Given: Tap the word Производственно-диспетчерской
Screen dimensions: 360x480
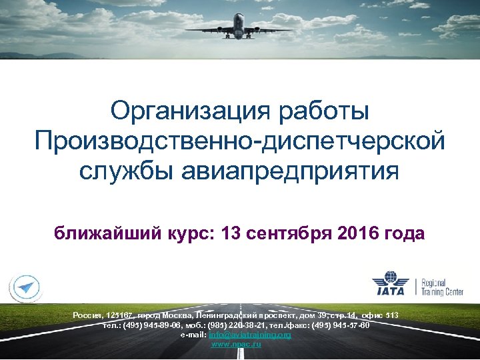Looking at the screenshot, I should pyautogui.click(x=239, y=140).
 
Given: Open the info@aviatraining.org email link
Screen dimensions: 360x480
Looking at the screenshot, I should pyautogui.click(x=250, y=335).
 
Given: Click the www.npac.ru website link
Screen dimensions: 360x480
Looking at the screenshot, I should pyautogui.click(x=236, y=344).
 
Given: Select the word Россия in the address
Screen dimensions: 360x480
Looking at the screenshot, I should pyautogui.click(x=87, y=315).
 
